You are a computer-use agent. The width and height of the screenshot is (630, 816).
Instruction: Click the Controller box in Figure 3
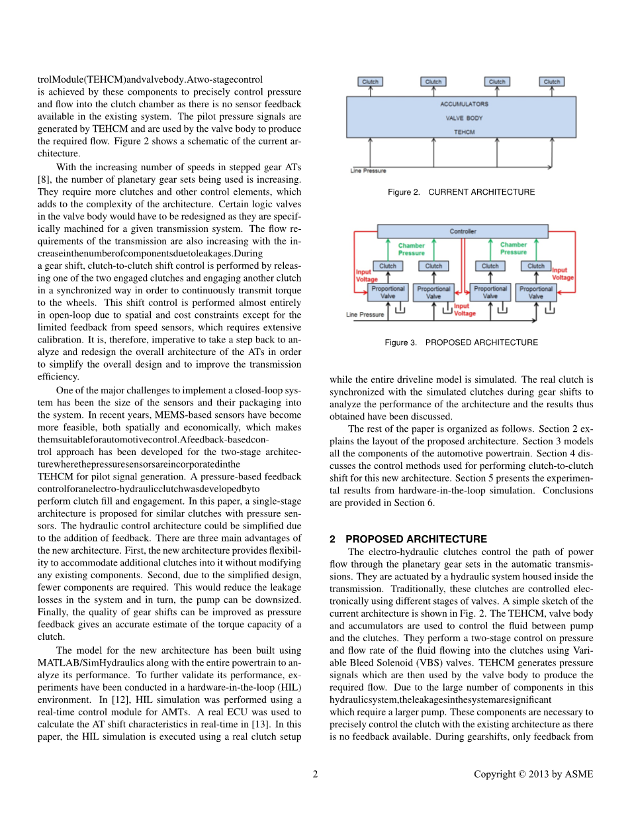pyautogui.click(x=463, y=231)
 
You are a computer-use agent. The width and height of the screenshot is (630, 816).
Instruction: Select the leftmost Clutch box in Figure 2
pyautogui.click(x=370, y=81)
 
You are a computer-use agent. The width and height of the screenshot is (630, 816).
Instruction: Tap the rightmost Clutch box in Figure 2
pyautogui.click(x=552, y=81)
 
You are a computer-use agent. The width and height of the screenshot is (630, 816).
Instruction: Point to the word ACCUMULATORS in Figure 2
pyautogui.click(x=464, y=104)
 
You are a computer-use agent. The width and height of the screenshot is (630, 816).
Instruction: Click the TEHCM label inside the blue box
pyautogui.click(x=464, y=132)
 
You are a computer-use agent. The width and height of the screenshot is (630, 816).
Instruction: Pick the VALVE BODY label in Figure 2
pyautogui.click(x=464, y=118)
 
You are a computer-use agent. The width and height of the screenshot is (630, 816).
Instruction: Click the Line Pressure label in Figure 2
pyautogui.click(x=368, y=171)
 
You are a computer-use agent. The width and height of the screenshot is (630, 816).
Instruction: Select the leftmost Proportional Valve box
pyautogui.click(x=388, y=292)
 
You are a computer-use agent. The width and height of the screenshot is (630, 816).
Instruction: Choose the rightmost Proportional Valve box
pyautogui.click(x=536, y=292)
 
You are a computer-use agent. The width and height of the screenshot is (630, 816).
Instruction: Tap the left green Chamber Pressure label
pyautogui.click(x=412, y=249)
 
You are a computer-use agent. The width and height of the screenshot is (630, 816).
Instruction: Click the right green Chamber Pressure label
pyautogui.click(x=514, y=249)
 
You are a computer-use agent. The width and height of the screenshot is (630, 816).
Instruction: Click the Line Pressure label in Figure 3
pyautogui.click(x=365, y=315)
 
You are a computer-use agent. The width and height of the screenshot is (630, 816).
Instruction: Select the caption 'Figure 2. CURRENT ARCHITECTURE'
pyautogui.click(x=461, y=192)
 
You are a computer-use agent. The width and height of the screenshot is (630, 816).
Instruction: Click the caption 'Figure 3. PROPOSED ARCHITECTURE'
pyautogui.click(x=461, y=342)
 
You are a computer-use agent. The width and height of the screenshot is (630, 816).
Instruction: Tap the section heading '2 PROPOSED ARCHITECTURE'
pyautogui.click(x=408, y=539)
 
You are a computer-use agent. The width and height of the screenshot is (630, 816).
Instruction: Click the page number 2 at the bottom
pyautogui.click(x=315, y=774)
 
